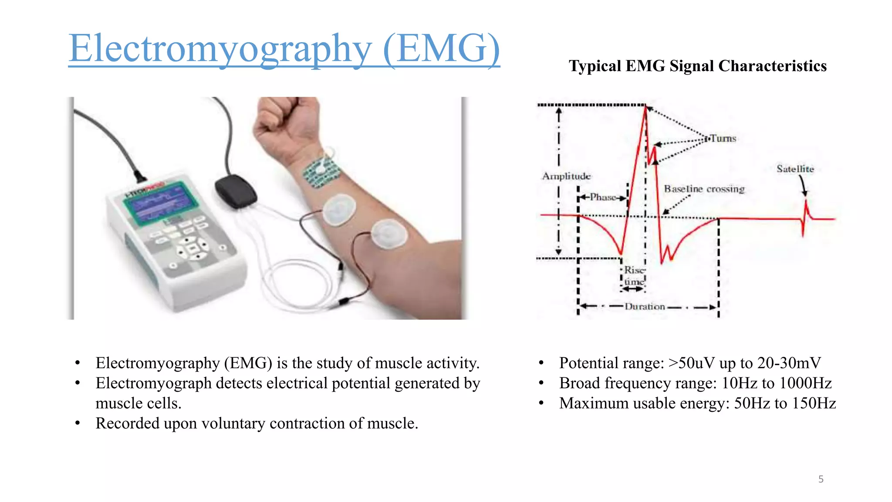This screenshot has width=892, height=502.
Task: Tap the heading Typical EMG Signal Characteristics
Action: tap(697, 66)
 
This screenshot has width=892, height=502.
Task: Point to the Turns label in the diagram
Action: tap(723, 139)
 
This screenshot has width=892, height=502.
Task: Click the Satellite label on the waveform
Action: tap(795, 169)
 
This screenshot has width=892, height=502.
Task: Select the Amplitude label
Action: tap(566, 176)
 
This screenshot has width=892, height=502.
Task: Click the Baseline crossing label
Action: tap(704, 189)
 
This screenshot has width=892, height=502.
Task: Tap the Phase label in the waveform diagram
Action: tap(603, 197)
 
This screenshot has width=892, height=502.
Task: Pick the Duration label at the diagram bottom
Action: tap(645, 307)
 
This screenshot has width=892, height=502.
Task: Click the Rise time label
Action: tap(634, 276)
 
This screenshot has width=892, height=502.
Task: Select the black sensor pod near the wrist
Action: tap(235, 190)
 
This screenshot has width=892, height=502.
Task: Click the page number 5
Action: tap(821, 479)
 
